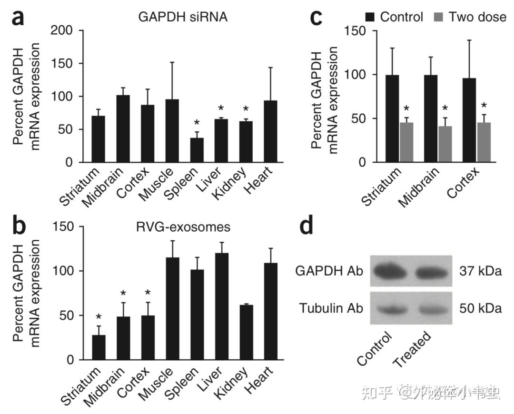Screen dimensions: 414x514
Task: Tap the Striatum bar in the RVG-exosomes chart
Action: tap(99, 347)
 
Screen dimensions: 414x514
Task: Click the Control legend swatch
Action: tap(371, 18)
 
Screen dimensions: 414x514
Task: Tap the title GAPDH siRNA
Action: tap(183, 18)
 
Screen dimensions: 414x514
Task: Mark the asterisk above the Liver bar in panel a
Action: tap(221, 109)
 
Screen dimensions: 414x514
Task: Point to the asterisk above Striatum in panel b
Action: tap(99, 317)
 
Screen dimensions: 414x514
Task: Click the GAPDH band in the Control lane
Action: tap(389, 272)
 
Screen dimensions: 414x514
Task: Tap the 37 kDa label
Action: tap(480, 272)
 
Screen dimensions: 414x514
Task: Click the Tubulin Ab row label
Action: tap(331, 308)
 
